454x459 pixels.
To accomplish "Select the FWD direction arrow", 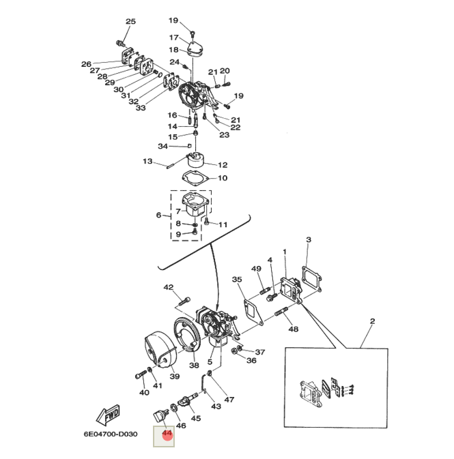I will pyautogui.click(x=107, y=415).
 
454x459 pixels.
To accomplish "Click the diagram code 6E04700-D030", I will pyautogui.click(x=111, y=434).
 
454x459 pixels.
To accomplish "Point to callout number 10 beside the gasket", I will pyautogui.click(x=223, y=179).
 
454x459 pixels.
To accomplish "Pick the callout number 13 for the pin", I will pyautogui.click(x=147, y=162).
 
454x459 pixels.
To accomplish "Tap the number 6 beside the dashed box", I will pyautogui.click(x=159, y=216).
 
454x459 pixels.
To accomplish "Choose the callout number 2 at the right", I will pyautogui.click(x=373, y=321).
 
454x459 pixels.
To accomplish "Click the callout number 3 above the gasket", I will pyautogui.click(x=309, y=240).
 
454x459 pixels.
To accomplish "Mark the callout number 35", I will pyautogui.click(x=237, y=280).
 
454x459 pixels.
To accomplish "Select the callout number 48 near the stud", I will pyautogui.click(x=294, y=329).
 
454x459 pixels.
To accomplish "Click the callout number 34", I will pyautogui.click(x=162, y=147).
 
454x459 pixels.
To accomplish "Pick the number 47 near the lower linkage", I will pyautogui.click(x=229, y=400).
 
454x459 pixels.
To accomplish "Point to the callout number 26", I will pyautogui.click(x=86, y=64).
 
